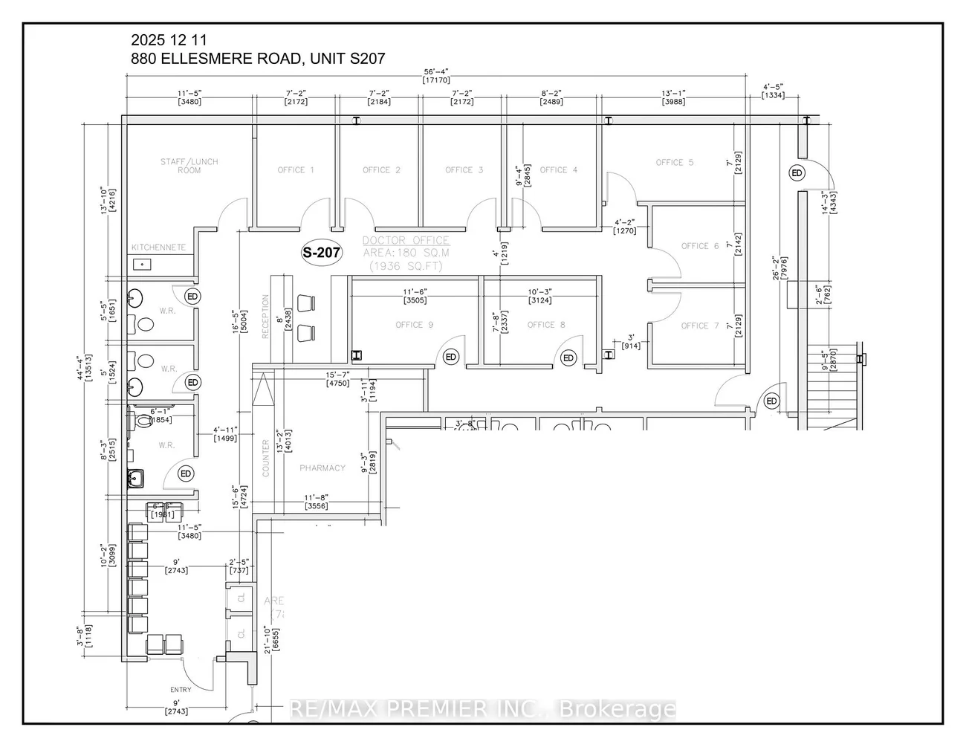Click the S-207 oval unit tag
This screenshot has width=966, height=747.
(321, 253)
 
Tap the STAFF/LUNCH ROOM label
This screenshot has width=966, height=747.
(189, 166)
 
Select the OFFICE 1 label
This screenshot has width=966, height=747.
(296, 170)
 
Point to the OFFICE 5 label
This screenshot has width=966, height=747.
(675, 163)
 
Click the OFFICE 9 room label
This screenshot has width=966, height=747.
(415, 325)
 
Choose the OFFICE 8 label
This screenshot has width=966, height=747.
(546, 325)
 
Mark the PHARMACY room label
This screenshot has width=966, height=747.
(322, 468)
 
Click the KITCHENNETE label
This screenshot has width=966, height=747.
(159, 248)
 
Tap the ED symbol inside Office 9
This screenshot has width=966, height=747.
(451, 358)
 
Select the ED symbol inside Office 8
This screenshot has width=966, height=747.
(568, 358)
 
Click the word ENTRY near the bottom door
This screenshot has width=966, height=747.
(181, 690)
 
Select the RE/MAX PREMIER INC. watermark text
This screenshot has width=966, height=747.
(482, 709)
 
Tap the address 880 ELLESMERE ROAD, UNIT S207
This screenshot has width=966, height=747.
(258, 59)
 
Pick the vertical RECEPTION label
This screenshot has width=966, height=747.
(265, 317)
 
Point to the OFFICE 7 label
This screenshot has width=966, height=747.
(700, 326)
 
